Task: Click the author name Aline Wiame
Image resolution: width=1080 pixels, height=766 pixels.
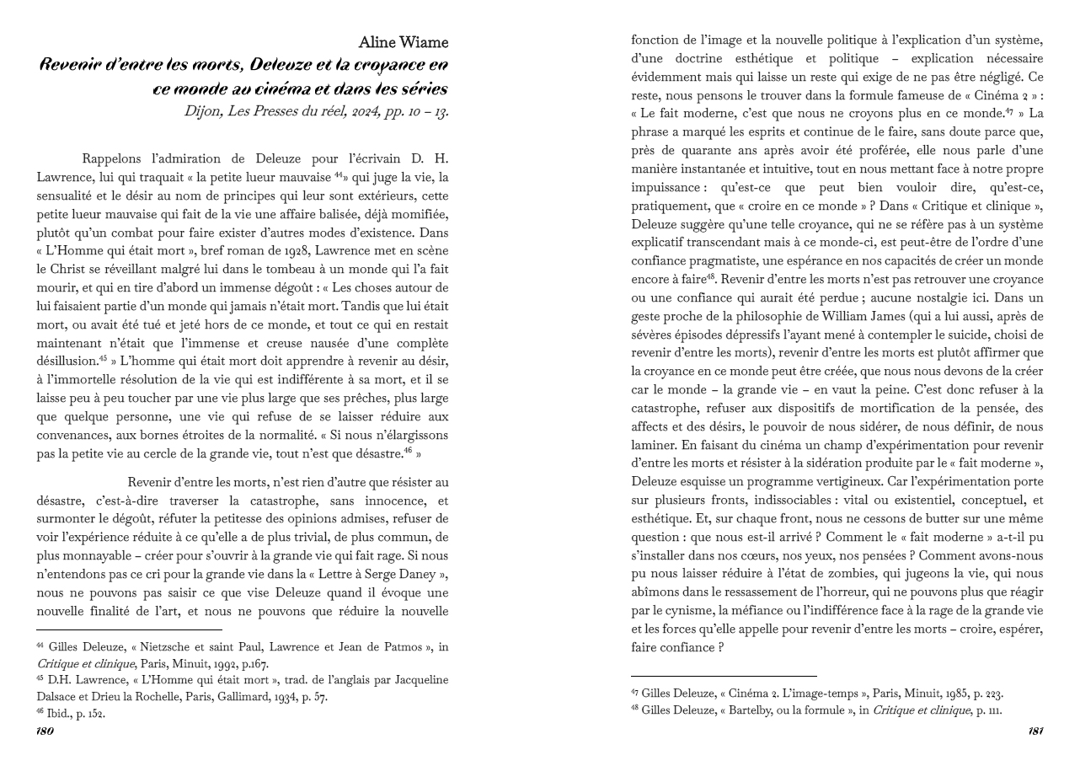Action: click(x=403, y=43)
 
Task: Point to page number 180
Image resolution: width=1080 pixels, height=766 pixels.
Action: click(x=45, y=731)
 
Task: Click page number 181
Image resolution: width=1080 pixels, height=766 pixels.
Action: click(x=1035, y=731)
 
